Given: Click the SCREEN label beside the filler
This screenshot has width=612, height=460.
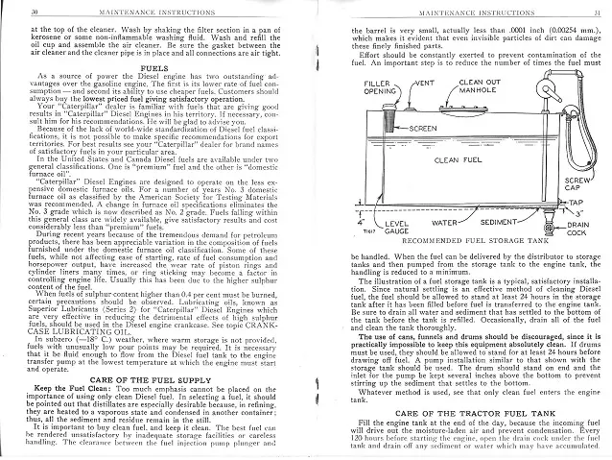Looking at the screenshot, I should [423, 127].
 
